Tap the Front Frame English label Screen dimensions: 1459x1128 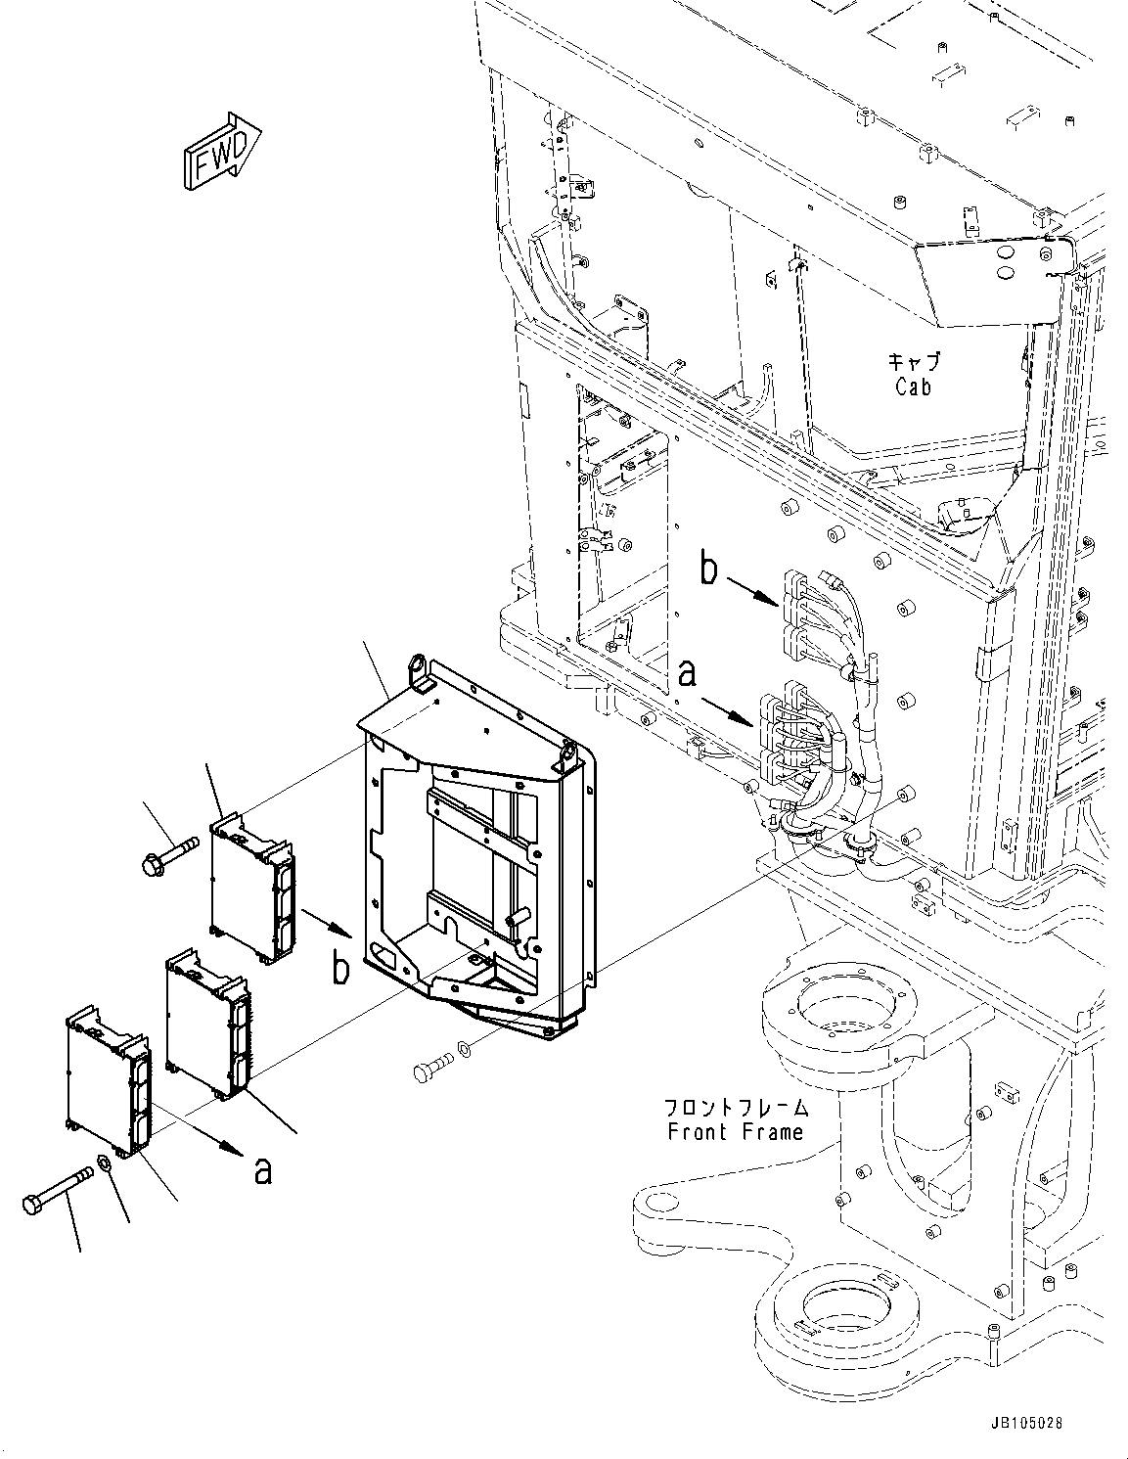735,1131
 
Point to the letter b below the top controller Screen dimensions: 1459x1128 339,968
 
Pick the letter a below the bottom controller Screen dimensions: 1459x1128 262,1169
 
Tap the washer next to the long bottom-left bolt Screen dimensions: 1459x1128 103,1167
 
